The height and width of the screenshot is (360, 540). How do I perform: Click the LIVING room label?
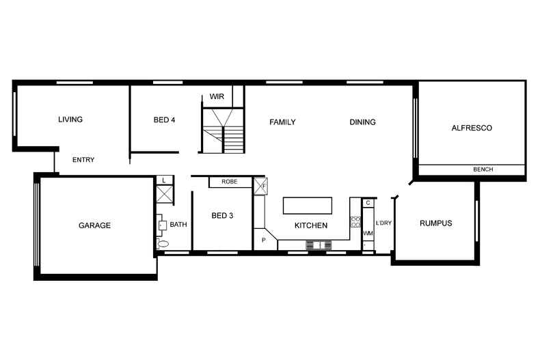coord(70,120)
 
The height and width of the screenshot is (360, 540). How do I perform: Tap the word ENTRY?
coord(83,160)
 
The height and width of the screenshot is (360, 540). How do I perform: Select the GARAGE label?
coord(94,225)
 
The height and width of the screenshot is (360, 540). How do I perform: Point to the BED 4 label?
coord(164,120)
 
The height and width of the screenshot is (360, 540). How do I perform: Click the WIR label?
coord(216,96)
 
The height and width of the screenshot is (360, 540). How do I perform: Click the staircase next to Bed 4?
coord(225,130)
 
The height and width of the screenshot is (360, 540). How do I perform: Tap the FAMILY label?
coord(282,122)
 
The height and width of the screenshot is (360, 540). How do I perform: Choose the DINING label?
coord(362,122)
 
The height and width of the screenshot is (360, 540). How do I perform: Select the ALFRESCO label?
coord(472,128)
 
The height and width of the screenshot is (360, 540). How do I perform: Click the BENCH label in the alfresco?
coord(483,169)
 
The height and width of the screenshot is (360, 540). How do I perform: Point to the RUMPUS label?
coord(435,223)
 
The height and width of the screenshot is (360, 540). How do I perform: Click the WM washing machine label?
coord(368,234)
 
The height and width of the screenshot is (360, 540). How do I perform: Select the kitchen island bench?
coord(308,206)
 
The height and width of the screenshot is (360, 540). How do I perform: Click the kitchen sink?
coord(319,245)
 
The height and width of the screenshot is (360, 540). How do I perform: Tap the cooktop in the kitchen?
coord(355,221)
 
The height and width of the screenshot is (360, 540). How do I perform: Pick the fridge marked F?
coord(260,186)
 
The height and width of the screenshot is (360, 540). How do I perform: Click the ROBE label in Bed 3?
coord(229,182)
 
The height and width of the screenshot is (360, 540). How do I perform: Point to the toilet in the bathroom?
coord(163,243)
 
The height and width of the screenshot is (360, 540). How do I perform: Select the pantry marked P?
coord(264,240)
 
